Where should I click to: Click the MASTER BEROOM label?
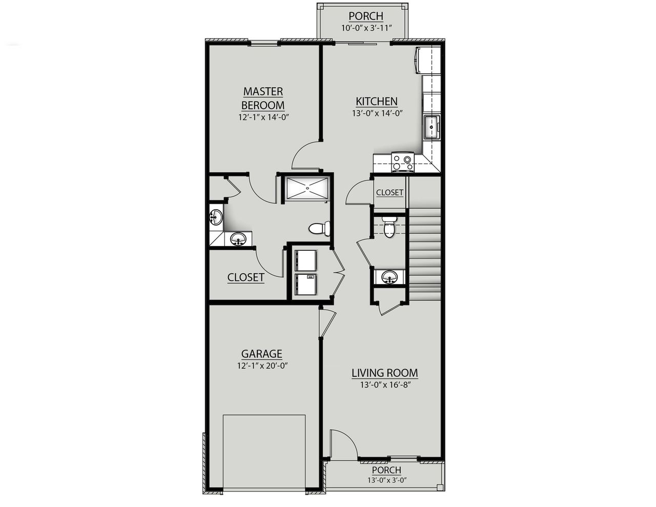[263, 98]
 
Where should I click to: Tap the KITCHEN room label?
[377, 101]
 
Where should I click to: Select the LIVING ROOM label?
[384, 373]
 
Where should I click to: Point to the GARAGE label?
[262, 354]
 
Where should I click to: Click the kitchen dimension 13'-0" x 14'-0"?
[377, 114]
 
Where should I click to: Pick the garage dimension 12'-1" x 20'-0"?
[262, 366]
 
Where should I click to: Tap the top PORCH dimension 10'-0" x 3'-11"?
[366, 28]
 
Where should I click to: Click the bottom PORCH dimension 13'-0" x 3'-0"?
[386, 480]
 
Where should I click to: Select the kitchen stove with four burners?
[402, 162]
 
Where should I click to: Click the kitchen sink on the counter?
[432, 127]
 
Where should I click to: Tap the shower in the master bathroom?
[307, 188]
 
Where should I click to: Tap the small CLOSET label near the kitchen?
[389, 193]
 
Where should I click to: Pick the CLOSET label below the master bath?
[246, 277]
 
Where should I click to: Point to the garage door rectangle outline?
[264, 451]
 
